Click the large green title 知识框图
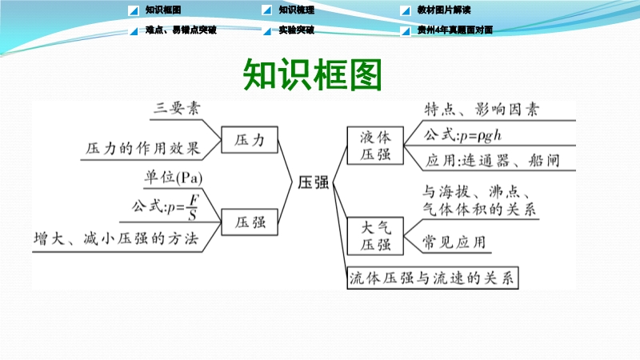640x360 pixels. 312,74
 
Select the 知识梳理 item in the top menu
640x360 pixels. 296,10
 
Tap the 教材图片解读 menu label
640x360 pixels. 444,10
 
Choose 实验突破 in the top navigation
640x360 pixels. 296,30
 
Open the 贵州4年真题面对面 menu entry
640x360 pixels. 454,30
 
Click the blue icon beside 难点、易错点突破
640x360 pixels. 134,30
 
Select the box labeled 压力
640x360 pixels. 250,140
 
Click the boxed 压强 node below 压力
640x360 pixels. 250,222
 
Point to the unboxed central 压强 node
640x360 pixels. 313,182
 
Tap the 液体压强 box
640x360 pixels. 375,146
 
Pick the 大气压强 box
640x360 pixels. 375,236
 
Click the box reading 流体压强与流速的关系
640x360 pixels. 433,278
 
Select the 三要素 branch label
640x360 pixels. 177,108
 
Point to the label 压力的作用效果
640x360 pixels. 143,148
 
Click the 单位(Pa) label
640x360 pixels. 174,178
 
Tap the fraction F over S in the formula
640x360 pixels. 193,207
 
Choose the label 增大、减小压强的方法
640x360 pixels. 116,238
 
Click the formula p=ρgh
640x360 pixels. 481,135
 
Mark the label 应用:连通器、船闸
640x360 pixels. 492,161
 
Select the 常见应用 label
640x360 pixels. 454,242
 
